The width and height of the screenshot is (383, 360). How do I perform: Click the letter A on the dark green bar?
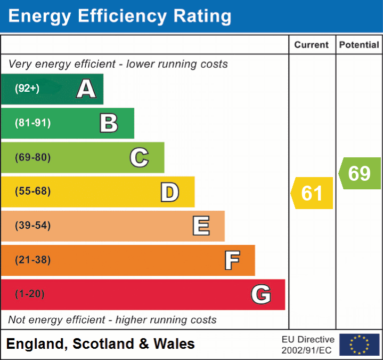tap(86, 89)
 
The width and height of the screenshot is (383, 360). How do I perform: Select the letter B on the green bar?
tap(109, 123)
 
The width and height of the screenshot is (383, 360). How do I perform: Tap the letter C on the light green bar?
tap(139, 157)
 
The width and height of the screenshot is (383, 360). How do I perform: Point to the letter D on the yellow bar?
tap(169, 192)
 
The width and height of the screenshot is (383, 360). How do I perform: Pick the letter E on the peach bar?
tap(200, 226)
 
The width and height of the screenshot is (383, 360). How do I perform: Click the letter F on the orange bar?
tap(232, 260)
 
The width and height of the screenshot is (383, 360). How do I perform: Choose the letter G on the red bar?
tap(261, 294)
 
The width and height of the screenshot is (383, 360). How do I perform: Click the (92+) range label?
tap(27, 89)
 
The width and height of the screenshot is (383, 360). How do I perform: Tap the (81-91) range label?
tap(32, 123)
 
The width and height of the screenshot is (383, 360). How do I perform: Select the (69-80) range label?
tap(32, 157)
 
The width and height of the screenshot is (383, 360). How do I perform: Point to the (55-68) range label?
tap(32, 191)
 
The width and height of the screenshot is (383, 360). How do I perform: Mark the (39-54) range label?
tap(32, 226)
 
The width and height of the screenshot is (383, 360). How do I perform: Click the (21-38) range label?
tap(32, 260)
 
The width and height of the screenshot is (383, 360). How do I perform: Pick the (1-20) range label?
tap(30, 294)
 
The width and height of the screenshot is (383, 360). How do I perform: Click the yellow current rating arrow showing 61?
tap(313, 193)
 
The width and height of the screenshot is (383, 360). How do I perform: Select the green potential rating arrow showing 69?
tap(360, 173)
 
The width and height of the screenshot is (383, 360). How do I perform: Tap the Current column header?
tap(312, 45)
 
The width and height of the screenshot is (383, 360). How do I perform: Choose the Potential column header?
tap(359, 45)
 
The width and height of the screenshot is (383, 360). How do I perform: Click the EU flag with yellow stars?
tap(359, 345)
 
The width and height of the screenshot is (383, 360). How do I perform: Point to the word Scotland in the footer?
tap(104, 344)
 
